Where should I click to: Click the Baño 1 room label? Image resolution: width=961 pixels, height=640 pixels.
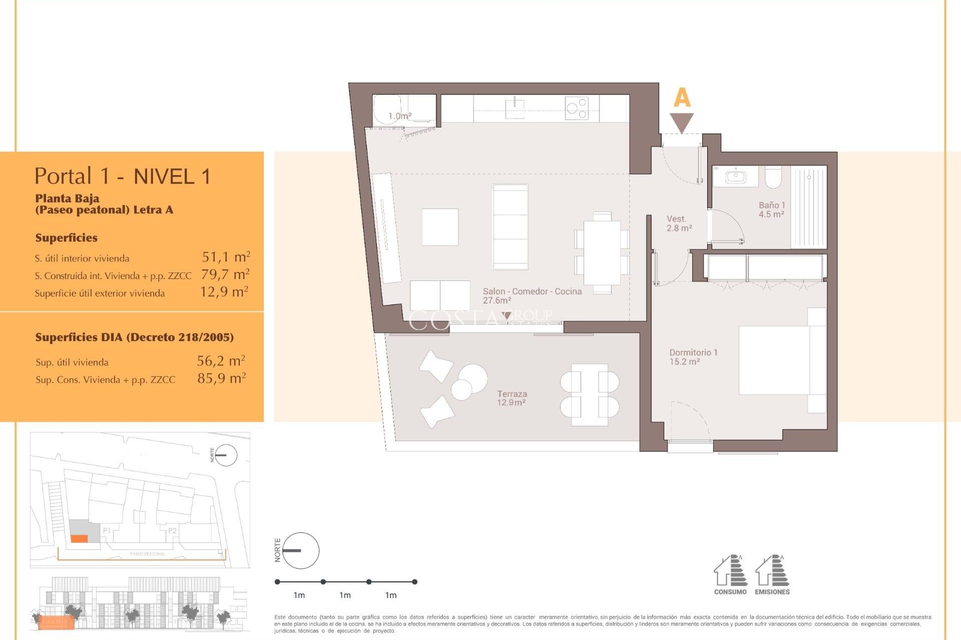[x=771, y=209]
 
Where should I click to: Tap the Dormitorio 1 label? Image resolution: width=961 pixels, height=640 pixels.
[x=693, y=357]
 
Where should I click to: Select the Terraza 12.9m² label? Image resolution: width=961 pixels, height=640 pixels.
[x=512, y=398]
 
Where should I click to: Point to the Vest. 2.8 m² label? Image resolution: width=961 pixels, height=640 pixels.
[x=679, y=223]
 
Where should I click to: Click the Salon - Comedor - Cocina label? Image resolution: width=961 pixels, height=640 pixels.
[x=532, y=295]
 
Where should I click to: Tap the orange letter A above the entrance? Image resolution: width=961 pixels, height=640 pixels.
[x=682, y=97]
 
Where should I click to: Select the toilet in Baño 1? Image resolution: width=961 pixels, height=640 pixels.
[x=773, y=177]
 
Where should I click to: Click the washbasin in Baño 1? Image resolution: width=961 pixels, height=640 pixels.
[x=736, y=177]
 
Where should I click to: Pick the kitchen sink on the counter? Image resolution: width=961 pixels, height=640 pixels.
[x=515, y=108]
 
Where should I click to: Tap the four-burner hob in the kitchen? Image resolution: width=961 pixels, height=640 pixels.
[x=576, y=108]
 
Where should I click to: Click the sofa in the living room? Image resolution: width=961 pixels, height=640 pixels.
[x=510, y=227]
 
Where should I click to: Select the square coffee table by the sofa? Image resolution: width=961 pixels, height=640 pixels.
[x=440, y=227]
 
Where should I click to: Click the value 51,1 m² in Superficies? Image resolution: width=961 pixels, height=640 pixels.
[x=226, y=257]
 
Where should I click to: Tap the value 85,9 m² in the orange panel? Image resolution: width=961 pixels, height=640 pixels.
[x=221, y=378]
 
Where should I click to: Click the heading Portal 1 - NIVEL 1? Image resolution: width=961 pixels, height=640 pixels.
[x=123, y=176]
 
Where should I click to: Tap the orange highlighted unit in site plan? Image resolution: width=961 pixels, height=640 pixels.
[x=79, y=538]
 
